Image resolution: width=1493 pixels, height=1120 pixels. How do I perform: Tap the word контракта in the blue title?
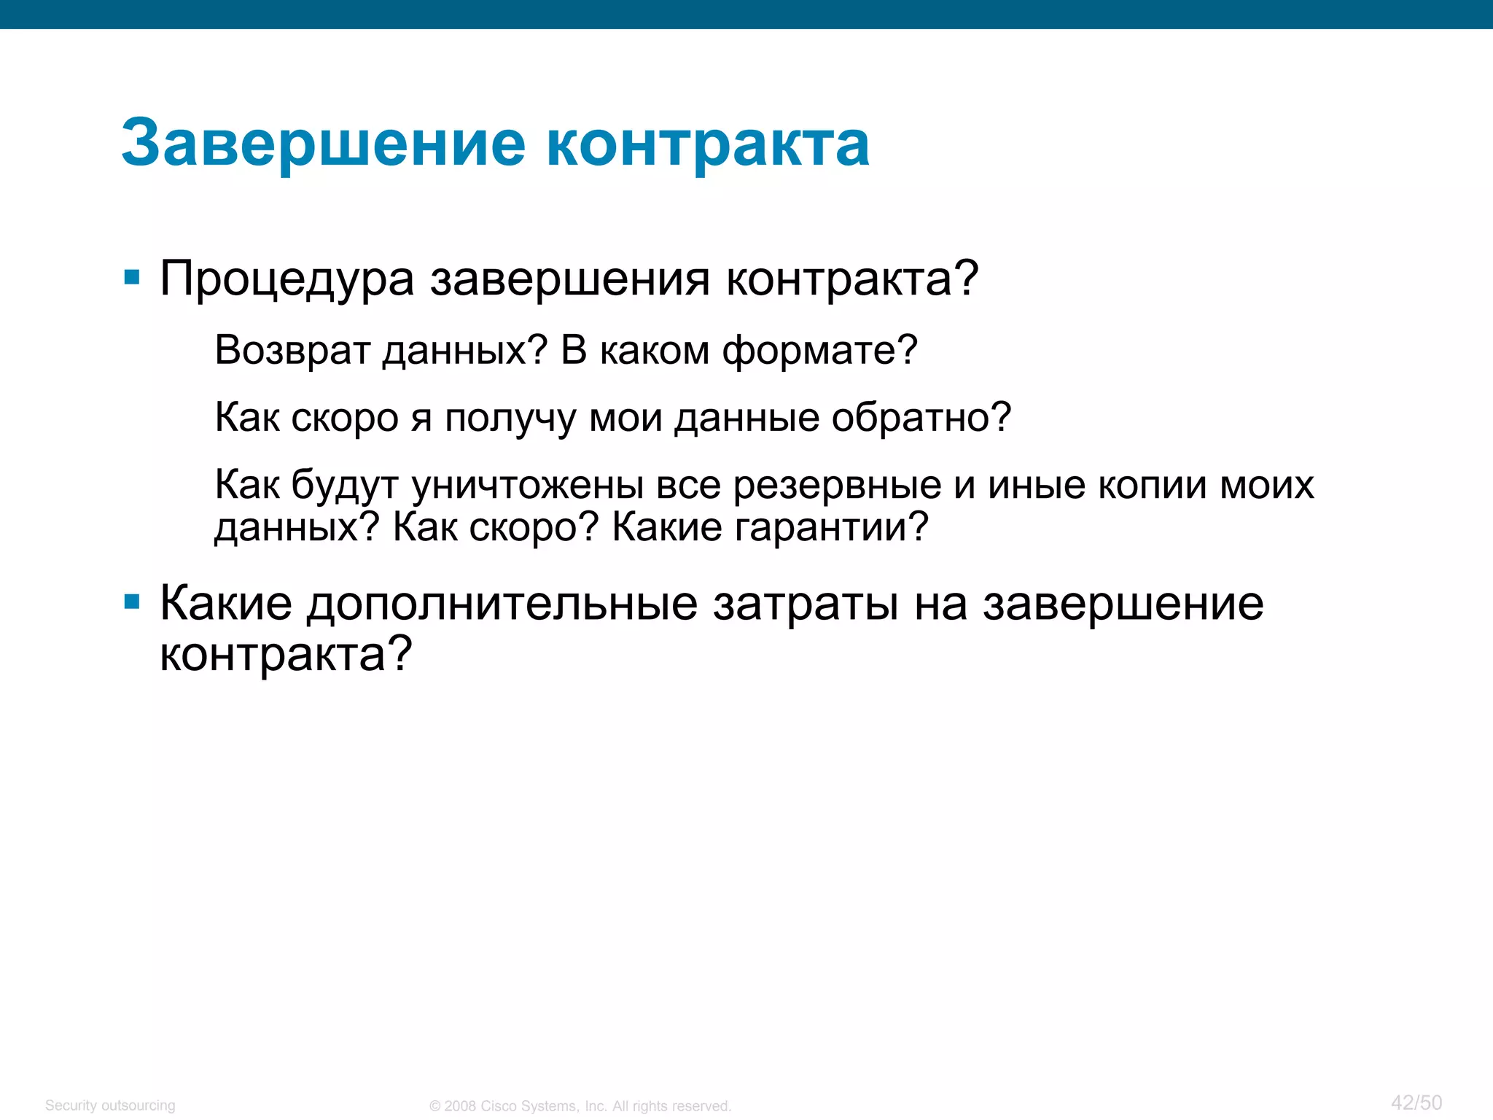tap(707, 144)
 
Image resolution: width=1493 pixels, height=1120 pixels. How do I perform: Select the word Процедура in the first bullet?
tap(287, 279)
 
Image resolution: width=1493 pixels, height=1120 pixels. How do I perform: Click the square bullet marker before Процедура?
tap(132, 277)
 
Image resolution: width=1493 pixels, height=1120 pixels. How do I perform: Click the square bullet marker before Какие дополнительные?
tap(132, 602)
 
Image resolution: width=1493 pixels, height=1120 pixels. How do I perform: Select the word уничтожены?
tap(527, 486)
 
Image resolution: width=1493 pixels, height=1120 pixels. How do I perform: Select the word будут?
tap(344, 486)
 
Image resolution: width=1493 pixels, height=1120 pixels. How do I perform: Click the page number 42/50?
tap(1416, 1102)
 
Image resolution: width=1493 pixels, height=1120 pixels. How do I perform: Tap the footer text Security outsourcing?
tap(110, 1105)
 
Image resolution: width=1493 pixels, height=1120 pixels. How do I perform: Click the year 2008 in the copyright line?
tap(460, 1106)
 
